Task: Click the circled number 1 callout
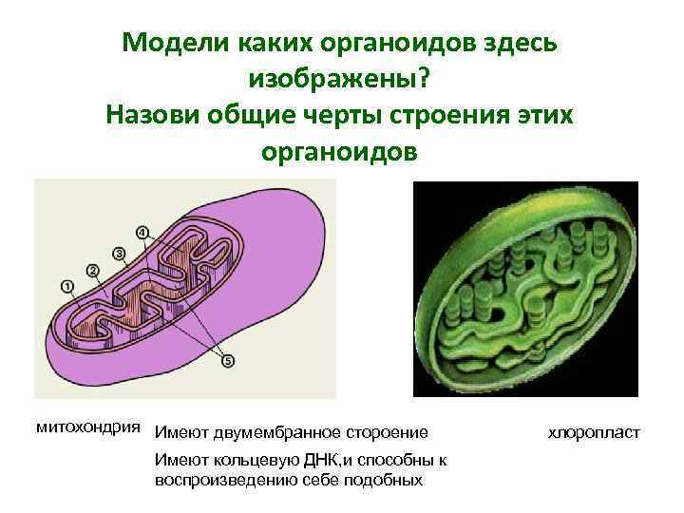point(66,285)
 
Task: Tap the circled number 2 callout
point(93,270)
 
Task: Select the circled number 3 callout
point(119,252)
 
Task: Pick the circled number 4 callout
point(142,232)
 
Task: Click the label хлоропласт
point(595,433)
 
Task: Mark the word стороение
point(387,433)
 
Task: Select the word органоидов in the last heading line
point(337,152)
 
